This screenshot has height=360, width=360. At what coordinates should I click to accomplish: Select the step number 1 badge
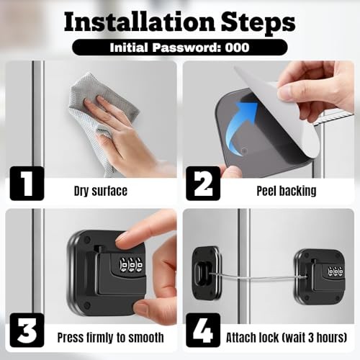pos(26,183)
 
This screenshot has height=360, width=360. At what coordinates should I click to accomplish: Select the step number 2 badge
pos(202,183)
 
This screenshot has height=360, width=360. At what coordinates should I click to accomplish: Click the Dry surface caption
pos(100,191)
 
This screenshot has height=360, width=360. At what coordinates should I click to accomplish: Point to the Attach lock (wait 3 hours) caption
pos(286,337)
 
